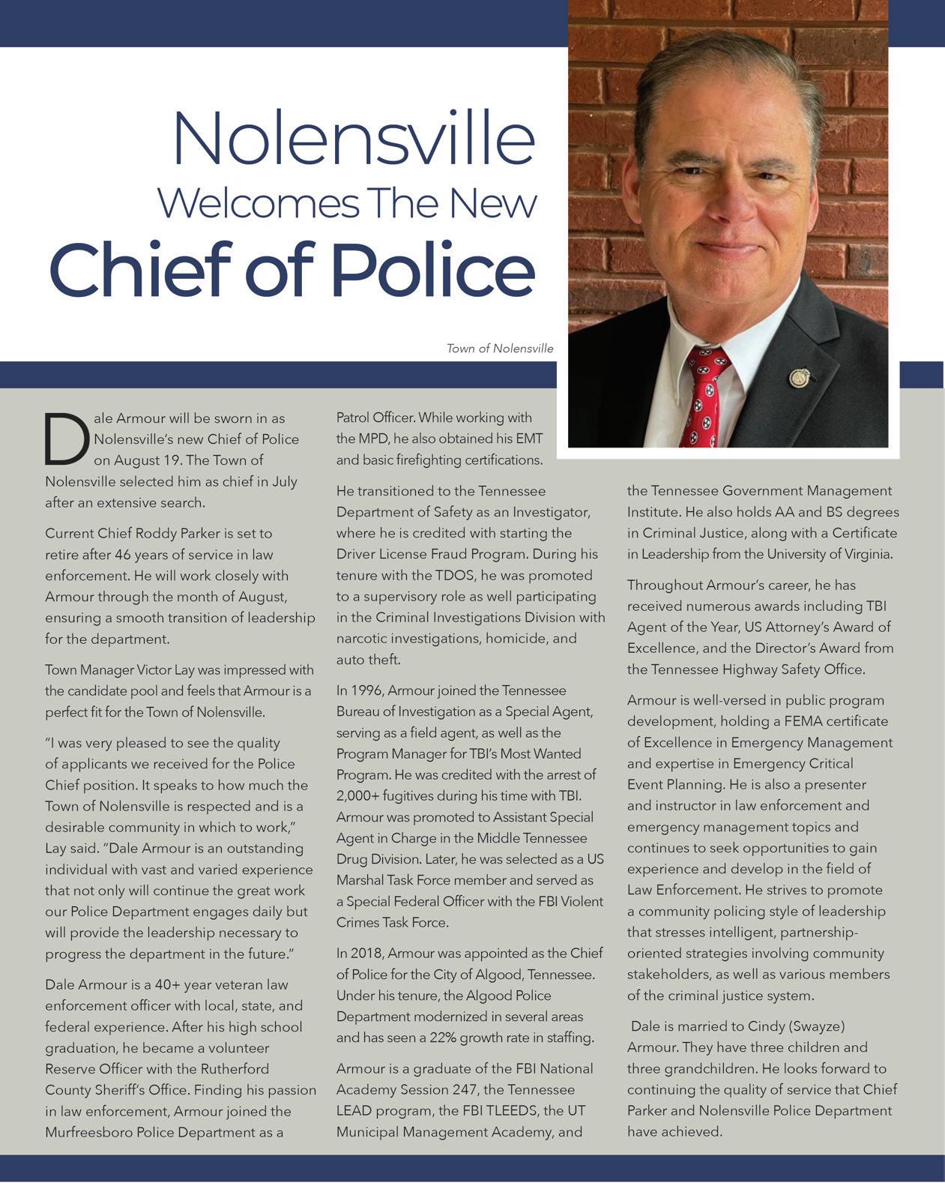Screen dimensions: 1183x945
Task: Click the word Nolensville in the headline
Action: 353,138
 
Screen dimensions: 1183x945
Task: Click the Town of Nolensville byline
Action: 500,349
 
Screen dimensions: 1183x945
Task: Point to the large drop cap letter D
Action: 66,440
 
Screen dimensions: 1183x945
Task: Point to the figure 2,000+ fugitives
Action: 360,795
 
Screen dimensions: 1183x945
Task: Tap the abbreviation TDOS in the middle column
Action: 455,576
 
